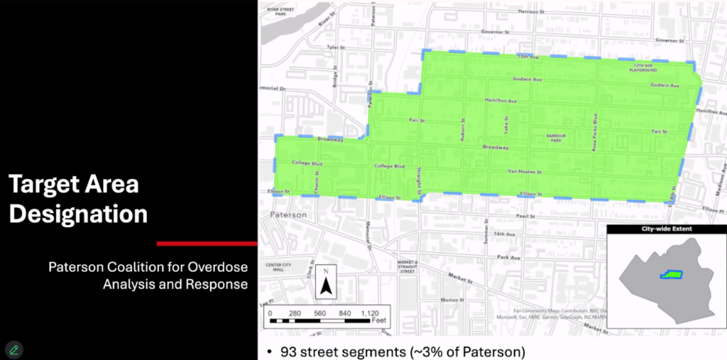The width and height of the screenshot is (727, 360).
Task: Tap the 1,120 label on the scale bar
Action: coord(370,313)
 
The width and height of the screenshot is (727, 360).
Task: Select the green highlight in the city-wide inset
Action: coord(670,274)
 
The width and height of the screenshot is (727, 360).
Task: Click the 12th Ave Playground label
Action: coord(645,68)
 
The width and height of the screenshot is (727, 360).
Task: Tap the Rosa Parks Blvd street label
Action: coord(596,132)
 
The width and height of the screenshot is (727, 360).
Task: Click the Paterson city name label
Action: coord(288,214)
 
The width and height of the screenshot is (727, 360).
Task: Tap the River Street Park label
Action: coord(280,11)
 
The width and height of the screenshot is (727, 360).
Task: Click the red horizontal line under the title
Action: coord(207,244)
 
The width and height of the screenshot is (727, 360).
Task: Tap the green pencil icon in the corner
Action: coord(13,349)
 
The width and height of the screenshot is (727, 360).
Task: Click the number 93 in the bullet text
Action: coord(288,351)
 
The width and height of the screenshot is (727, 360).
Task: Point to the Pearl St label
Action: coord(525,215)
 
